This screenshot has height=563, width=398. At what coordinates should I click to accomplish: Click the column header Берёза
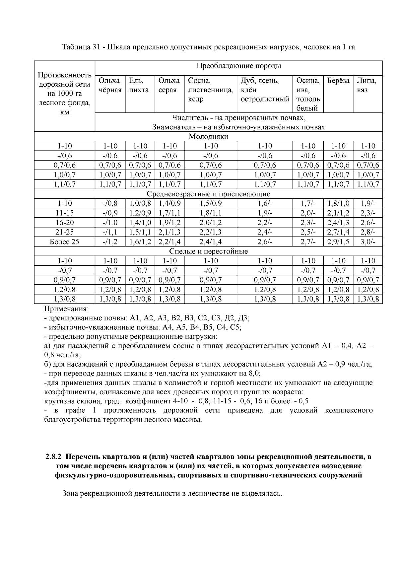338,81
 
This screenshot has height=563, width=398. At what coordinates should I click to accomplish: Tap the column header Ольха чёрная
110,85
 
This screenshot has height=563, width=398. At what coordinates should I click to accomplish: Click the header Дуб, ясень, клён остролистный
264,90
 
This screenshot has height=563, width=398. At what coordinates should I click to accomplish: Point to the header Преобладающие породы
238,66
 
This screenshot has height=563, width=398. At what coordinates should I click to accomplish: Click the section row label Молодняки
208,136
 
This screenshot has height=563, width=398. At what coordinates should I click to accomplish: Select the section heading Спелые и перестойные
208,251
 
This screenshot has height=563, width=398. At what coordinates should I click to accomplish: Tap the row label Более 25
64,242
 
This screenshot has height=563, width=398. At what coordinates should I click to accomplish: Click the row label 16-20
64,223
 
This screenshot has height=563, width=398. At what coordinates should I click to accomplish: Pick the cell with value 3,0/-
368,242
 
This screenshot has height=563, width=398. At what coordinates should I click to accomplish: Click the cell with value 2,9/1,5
338,242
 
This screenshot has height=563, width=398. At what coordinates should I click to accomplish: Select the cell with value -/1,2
110,242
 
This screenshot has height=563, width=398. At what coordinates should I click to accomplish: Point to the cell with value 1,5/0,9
210,203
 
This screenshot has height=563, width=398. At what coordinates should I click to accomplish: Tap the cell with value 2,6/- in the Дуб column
265,242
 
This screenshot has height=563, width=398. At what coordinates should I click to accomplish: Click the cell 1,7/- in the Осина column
308,203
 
